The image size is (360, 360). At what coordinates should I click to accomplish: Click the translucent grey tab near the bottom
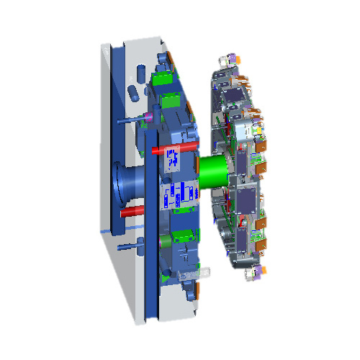[204, 272]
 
